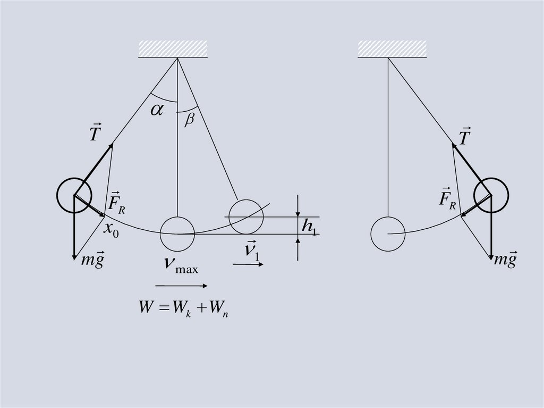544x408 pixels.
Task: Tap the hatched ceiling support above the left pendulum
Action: click(173, 49)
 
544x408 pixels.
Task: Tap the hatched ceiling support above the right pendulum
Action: click(392, 49)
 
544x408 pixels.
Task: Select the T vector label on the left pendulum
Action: click(94, 133)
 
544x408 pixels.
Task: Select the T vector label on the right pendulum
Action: click(465, 137)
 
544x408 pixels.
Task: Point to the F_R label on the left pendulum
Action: click(116, 202)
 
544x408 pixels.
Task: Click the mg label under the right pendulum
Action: click(505, 260)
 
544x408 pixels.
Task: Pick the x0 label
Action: click(111, 229)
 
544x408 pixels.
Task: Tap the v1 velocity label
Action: click(251, 252)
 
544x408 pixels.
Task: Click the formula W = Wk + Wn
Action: click(183, 309)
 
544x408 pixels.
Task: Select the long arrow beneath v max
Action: click(181, 286)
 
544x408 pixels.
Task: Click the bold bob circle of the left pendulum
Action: click(74, 195)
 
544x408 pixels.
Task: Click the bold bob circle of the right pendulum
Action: click(491, 195)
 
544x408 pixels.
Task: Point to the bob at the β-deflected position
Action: click(246, 217)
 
